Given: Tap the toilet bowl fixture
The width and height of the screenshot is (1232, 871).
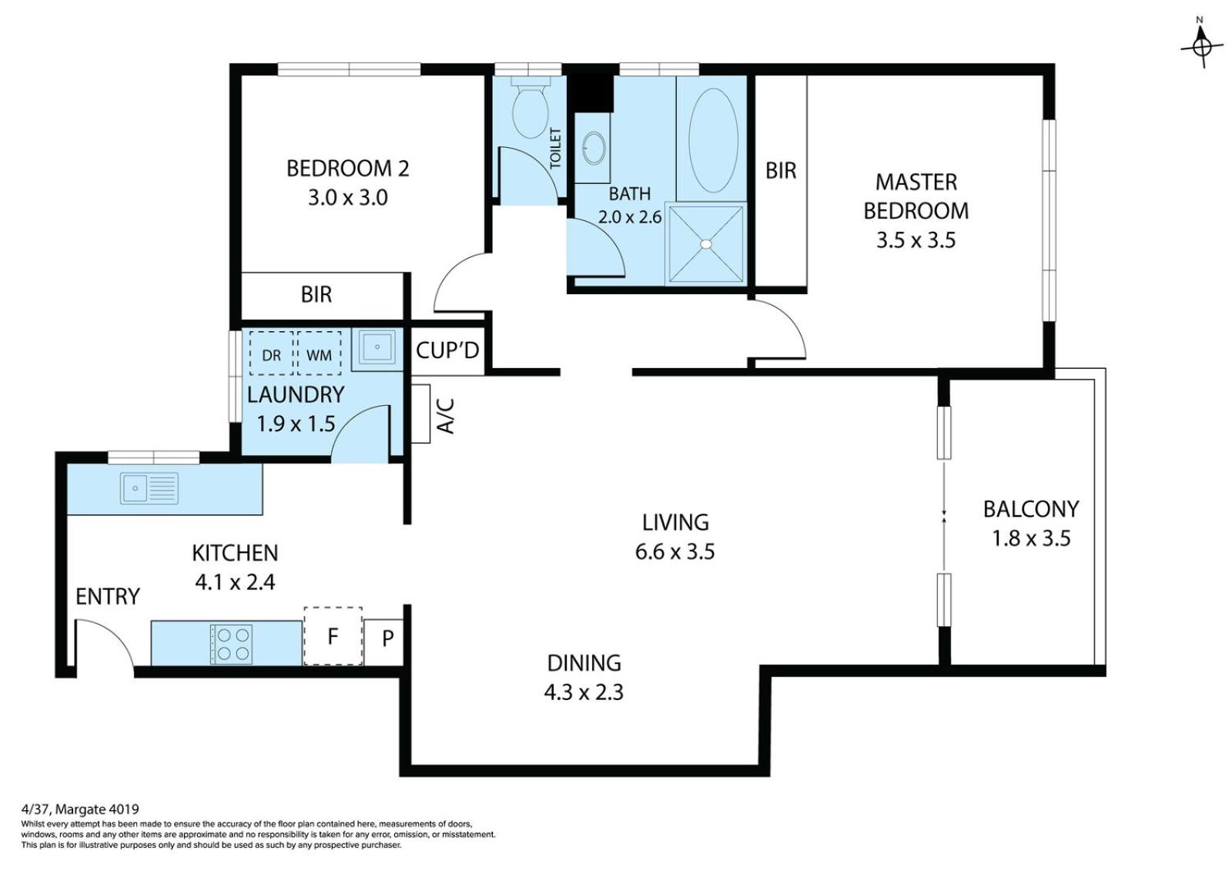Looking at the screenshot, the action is (531, 109).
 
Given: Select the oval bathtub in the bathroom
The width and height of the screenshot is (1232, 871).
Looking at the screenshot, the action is (713, 140).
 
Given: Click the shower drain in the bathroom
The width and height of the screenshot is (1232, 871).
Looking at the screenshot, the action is (706, 244).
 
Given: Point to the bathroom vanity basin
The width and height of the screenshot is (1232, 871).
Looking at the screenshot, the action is (594, 149).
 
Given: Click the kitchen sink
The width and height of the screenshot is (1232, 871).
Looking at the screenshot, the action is (149, 488).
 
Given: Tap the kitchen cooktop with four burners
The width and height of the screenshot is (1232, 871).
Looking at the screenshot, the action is (232, 645).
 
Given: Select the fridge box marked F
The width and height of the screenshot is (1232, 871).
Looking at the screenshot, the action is (333, 636).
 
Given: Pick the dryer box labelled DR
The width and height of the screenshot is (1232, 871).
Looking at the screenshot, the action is (271, 353).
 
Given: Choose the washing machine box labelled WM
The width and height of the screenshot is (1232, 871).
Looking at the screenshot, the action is (319, 353).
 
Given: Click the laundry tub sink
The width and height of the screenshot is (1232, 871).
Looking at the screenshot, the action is (377, 347).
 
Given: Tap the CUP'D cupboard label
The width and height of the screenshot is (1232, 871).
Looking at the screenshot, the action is (447, 350).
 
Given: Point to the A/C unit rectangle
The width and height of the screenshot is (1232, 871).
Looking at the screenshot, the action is (420, 414).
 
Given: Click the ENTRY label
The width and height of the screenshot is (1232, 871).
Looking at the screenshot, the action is (108, 596).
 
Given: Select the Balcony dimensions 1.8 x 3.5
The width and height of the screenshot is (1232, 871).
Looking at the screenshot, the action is (1031, 538).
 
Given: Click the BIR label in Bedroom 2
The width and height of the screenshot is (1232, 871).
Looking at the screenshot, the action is (316, 295).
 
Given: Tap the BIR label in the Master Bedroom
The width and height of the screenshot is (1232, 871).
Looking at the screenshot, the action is (781, 170).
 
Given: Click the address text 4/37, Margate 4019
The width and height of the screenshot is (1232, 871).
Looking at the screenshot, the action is (80, 809).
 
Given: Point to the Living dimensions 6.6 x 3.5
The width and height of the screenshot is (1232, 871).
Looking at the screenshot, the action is (675, 551).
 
